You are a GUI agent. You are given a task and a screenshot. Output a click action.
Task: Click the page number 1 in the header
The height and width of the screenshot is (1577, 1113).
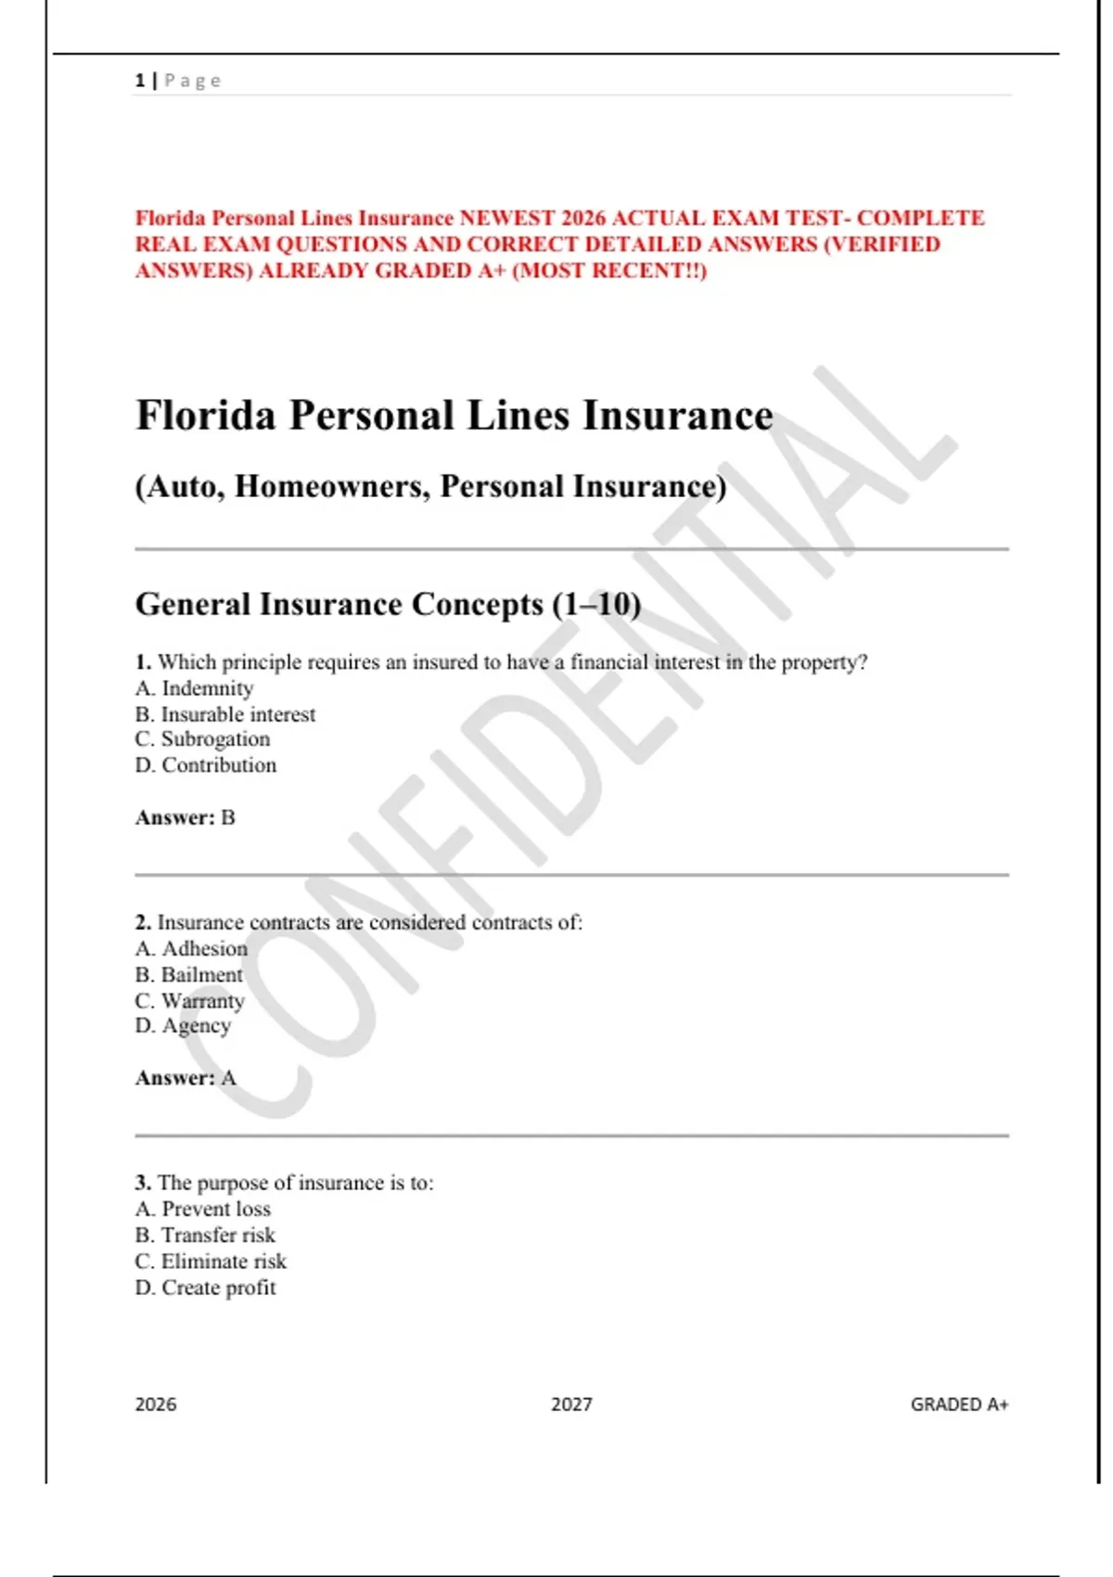[x=140, y=81]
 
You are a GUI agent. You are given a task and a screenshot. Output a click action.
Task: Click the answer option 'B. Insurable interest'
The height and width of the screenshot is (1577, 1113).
[x=225, y=714]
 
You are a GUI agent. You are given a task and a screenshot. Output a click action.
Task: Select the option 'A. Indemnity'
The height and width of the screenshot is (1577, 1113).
[x=194, y=688]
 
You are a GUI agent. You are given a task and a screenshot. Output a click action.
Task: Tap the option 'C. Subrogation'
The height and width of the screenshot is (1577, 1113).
[x=202, y=739]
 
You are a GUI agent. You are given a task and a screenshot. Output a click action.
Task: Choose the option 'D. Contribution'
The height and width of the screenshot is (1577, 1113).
[x=206, y=765]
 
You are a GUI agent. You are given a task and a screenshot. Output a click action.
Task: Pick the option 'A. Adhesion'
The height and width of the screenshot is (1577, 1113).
[x=191, y=949]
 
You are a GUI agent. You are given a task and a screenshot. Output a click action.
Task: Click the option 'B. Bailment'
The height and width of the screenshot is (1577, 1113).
[x=188, y=975]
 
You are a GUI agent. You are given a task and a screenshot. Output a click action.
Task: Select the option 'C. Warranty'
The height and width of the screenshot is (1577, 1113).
[x=189, y=1001]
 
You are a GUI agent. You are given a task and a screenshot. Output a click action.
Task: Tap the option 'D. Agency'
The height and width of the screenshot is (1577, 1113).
[x=183, y=1026]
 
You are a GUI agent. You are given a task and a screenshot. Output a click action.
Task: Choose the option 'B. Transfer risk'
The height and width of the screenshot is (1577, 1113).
[x=205, y=1236]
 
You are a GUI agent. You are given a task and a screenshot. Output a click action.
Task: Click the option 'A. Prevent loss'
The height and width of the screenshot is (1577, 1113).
[x=203, y=1210]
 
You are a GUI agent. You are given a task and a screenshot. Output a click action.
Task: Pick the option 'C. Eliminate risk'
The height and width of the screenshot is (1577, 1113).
[x=211, y=1262]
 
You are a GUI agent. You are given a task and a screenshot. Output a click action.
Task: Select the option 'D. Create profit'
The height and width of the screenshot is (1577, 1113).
[x=205, y=1288]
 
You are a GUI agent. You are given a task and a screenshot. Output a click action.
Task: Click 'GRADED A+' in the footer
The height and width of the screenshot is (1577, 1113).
[x=959, y=1404]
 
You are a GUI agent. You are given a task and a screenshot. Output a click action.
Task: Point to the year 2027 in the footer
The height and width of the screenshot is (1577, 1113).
[x=571, y=1404]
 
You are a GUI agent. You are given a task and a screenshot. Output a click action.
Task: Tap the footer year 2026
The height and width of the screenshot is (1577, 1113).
[x=156, y=1404]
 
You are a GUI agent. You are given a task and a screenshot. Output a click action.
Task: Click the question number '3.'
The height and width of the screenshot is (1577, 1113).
[x=143, y=1183]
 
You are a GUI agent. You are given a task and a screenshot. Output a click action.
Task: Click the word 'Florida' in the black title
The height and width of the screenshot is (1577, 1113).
[x=206, y=415]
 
